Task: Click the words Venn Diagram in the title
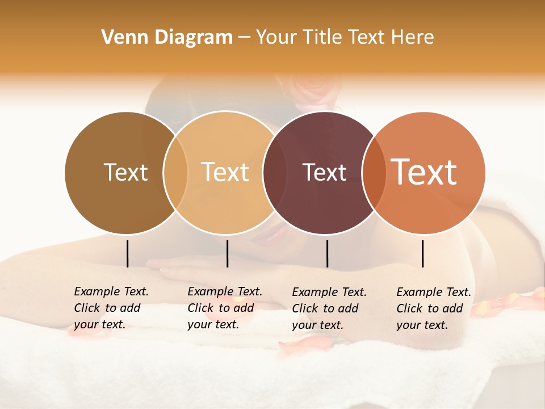tap(167, 37)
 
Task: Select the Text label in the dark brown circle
tap(125, 172)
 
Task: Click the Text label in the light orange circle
tap(225, 172)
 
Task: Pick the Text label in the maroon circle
tap(324, 172)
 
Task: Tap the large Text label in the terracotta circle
tap(424, 172)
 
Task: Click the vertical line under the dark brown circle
tap(127, 253)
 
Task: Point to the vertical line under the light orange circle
tap(227, 253)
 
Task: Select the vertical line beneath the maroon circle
tap(327, 253)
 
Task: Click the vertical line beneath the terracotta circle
tap(422, 253)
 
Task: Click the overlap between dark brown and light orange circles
tap(175, 172)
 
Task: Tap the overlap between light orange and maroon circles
tap(274, 172)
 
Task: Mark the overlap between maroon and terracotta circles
tap(373, 172)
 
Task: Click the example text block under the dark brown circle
tap(111, 308)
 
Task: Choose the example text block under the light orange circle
tap(224, 308)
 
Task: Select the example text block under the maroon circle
tap(329, 308)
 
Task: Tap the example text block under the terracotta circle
tap(433, 308)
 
